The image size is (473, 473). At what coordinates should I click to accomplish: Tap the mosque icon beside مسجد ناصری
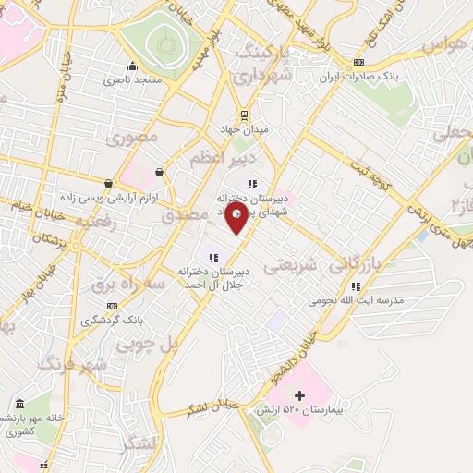click(x=133, y=66)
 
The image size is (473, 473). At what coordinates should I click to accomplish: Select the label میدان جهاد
click(x=244, y=129)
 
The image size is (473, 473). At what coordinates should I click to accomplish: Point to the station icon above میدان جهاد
click(x=244, y=115)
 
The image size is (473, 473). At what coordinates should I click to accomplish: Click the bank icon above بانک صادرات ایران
click(x=358, y=63)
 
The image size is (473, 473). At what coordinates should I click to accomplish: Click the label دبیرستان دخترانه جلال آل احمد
click(x=215, y=277)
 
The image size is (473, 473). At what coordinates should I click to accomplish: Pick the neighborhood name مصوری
click(x=132, y=138)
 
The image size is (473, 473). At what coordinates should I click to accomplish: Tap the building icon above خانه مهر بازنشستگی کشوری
click(x=20, y=404)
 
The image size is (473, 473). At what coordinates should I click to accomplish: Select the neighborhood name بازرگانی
click(x=353, y=264)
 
